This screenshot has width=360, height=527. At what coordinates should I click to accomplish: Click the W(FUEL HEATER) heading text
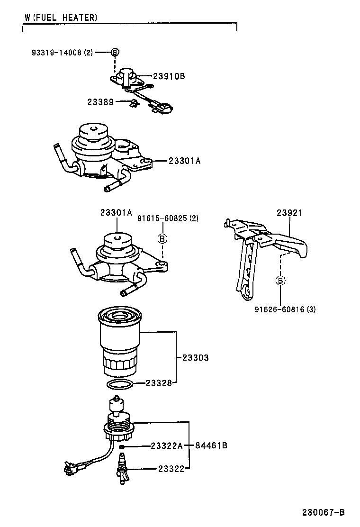point(61,18)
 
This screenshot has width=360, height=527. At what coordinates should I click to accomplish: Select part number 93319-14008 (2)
point(63,53)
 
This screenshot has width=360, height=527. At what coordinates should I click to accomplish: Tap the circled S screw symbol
point(115,52)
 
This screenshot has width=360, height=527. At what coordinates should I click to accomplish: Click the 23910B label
point(169,76)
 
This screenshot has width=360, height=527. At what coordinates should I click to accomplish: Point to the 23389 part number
point(100,102)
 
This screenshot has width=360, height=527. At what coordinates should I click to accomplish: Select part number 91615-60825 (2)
point(168,218)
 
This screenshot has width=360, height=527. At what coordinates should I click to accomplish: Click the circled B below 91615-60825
point(162,238)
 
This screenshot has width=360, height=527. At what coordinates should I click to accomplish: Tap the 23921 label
point(289,213)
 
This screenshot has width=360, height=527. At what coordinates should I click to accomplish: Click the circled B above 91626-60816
point(280,281)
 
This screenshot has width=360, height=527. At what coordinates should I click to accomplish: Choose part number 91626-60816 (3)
point(285,309)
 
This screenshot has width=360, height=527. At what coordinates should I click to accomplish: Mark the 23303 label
point(195,358)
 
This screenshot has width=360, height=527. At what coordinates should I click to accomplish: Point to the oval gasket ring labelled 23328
point(120,383)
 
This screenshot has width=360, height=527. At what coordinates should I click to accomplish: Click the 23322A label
point(166,445)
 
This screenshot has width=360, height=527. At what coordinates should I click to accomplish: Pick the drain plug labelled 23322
point(122,469)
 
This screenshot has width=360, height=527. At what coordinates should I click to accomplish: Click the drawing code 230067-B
point(324,512)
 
